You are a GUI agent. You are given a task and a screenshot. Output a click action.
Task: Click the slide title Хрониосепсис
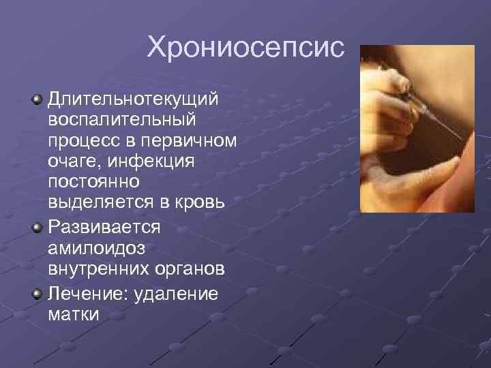[245, 48]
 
